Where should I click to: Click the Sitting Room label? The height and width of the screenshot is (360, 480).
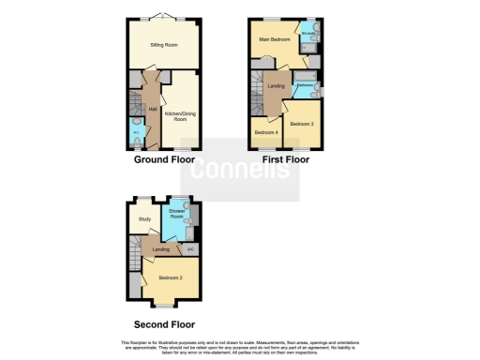pos(165,44)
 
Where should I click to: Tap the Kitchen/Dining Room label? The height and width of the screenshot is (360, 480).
pos(179,115)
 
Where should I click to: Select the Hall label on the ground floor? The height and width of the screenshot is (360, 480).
pos(152,109)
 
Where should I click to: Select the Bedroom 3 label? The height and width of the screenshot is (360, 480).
pos(301,125)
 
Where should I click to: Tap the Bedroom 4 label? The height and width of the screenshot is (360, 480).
pos(266,132)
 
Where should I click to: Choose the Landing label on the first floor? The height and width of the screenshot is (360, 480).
pos(277,86)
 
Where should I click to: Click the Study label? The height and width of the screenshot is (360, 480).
pos(144,219)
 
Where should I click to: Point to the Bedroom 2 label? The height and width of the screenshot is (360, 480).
pos(170,277)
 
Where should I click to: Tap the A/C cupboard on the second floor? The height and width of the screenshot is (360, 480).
pos(190,248)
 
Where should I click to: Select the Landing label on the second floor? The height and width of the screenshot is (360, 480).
pos(161,248)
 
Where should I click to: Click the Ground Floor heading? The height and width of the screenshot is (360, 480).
pos(164,159)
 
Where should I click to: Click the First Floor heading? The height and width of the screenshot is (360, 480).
pos(284,159)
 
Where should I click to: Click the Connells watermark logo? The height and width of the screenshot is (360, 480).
pos(240,170)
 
